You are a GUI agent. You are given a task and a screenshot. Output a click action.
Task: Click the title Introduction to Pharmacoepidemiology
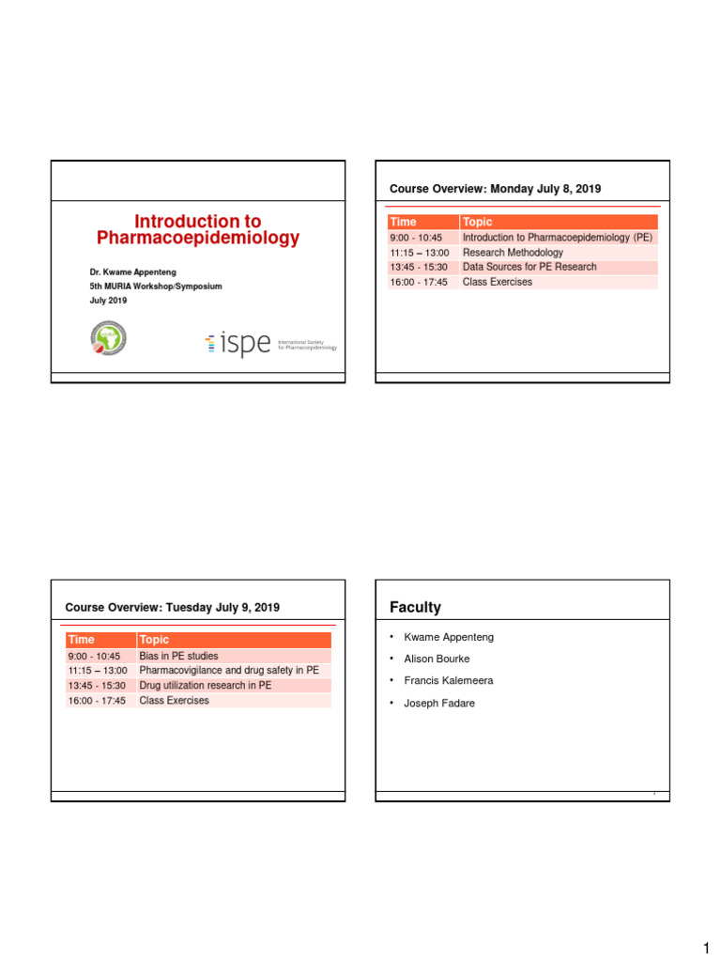tap(198, 230)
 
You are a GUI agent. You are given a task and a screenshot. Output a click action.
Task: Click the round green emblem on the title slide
tap(108, 338)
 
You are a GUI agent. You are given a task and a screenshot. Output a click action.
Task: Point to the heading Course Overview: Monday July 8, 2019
tap(495, 190)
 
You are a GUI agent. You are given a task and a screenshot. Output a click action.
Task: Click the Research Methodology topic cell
tap(513, 253)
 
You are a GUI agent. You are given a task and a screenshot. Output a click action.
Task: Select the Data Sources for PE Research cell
tap(529, 267)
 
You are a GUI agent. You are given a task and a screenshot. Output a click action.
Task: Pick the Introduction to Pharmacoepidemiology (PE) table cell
tap(557, 238)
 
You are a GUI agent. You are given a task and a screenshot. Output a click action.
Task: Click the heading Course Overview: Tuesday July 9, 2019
tap(172, 608)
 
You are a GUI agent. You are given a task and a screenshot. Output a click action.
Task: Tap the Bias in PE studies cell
tap(178, 656)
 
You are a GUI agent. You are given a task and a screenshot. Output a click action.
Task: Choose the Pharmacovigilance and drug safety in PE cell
tap(229, 671)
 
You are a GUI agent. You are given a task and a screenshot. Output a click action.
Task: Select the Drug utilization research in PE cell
tap(205, 686)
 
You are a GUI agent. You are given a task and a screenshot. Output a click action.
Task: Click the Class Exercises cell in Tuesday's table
tap(174, 701)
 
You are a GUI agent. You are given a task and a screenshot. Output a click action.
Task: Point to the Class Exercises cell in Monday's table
tap(498, 282)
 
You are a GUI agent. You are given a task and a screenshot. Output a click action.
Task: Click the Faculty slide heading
tap(415, 608)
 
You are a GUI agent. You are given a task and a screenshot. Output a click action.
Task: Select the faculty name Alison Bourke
tap(437, 659)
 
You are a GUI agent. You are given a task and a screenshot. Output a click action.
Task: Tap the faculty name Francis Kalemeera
tap(448, 680)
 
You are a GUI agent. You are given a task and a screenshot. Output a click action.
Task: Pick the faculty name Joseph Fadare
tap(438, 703)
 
